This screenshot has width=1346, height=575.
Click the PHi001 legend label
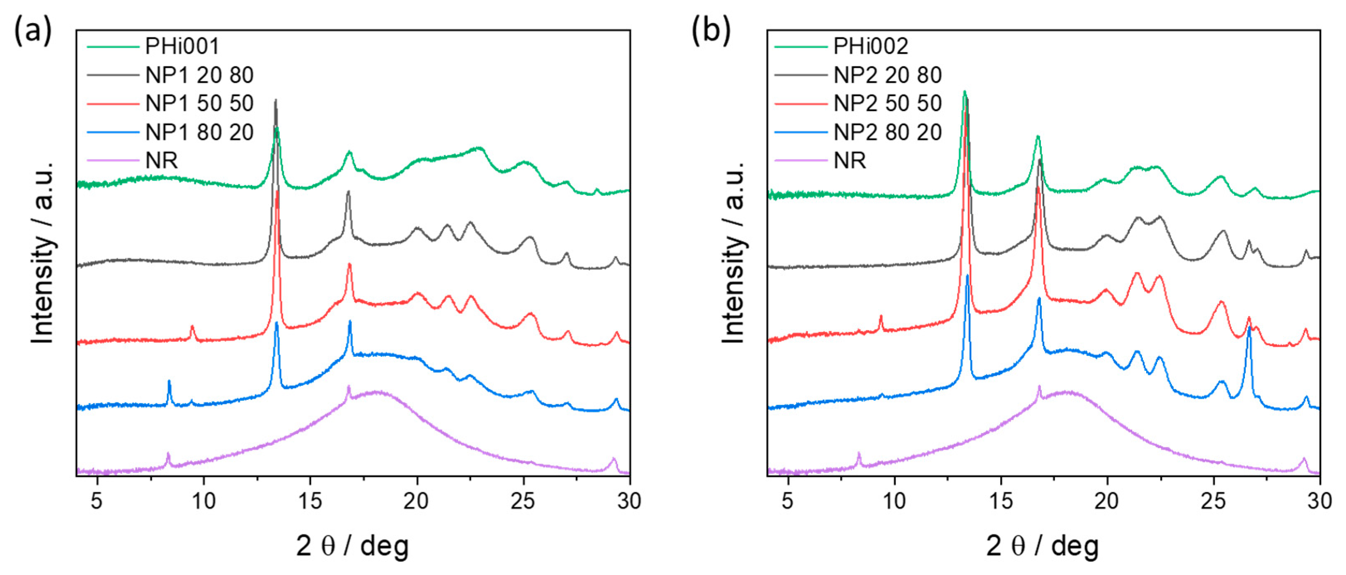(x=182, y=46)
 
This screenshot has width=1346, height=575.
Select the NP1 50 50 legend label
(x=199, y=104)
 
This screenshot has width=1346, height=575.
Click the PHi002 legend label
(x=871, y=46)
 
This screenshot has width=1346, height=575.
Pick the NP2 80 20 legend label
(x=887, y=132)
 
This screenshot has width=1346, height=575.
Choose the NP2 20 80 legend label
(x=887, y=75)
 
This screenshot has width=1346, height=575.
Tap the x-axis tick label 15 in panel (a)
(x=310, y=501)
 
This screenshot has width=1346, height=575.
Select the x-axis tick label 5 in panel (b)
(x=788, y=501)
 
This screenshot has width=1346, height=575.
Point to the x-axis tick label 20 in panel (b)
(x=1106, y=501)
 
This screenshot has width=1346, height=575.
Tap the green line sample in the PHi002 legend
(x=800, y=46)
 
